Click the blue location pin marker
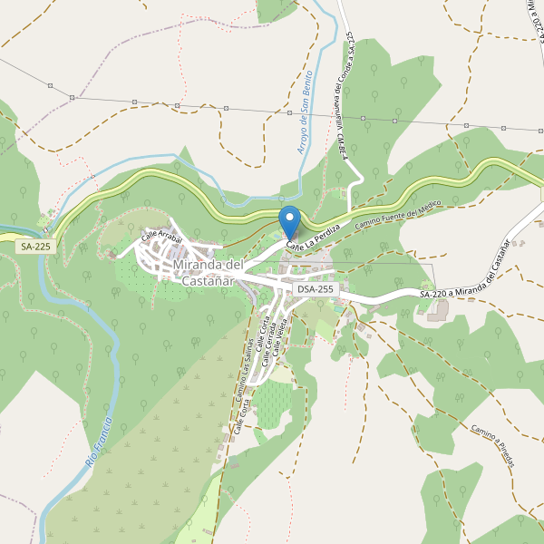point(289,220)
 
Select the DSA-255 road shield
point(316,289)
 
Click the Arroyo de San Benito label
point(306,112)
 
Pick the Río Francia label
point(100,442)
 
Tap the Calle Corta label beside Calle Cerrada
point(261,334)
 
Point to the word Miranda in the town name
point(198,265)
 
